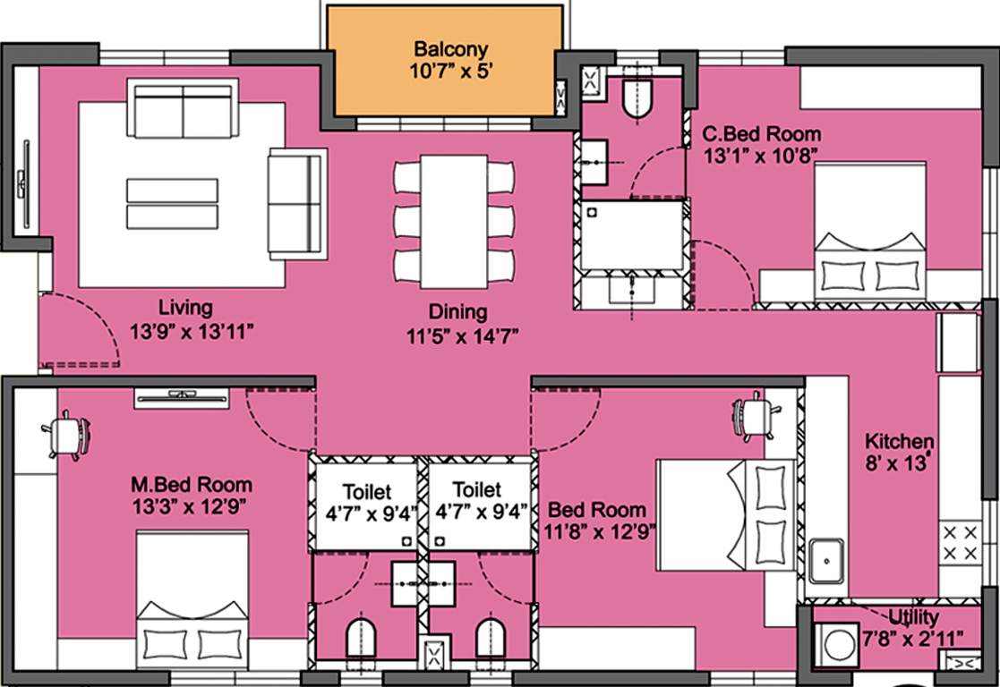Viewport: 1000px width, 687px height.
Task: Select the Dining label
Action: [457, 312]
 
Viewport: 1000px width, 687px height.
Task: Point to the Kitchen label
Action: [899, 441]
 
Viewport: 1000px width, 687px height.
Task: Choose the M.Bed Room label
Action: [191, 485]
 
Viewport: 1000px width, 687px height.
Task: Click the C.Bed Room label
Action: [761, 134]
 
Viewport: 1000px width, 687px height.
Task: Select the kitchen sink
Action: [826, 562]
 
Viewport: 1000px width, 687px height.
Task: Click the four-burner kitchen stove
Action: [960, 544]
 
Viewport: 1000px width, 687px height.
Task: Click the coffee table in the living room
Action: [172, 204]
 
